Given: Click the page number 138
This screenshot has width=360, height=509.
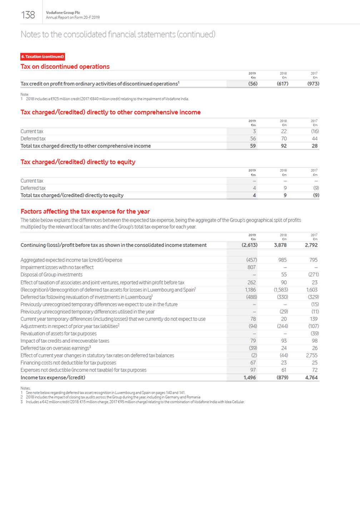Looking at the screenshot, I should pyautogui.click(x=28, y=15).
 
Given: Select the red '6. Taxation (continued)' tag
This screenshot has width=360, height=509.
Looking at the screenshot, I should pyautogui.click(x=42, y=57).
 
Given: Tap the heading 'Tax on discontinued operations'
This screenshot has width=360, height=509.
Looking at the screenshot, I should pyautogui.click(x=65, y=67).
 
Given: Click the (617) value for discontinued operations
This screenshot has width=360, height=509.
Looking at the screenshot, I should pyautogui.click(x=282, y=84).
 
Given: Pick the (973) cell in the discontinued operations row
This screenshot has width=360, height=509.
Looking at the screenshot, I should pyautogui.click(x=313, y=84).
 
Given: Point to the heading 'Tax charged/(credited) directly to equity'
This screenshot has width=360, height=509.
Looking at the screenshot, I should pyautogui.click(x=78, y=162).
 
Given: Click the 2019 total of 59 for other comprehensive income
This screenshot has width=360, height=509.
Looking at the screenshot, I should pyautogui.click(x=253, y=146).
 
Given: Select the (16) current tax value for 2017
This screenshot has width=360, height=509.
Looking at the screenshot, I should pyautogui.click(x=314, y=131).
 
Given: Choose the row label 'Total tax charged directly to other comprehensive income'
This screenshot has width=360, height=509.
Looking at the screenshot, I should pyautogui.click(x=86, y=146).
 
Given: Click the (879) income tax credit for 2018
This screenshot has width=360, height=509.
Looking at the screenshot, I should pyautogui.click(x=282, y=378).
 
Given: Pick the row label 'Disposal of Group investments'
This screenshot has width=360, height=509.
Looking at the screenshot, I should pyautogui.click(x=51, y=275).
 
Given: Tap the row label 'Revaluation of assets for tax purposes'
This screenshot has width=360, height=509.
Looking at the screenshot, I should pyautogui.click(x=59, y=334).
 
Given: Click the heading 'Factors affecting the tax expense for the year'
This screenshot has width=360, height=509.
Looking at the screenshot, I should pyautogui.click(x=85, y=212).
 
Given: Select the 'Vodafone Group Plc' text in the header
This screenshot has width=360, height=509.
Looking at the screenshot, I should pyautogui.click(x=63, y=12).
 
